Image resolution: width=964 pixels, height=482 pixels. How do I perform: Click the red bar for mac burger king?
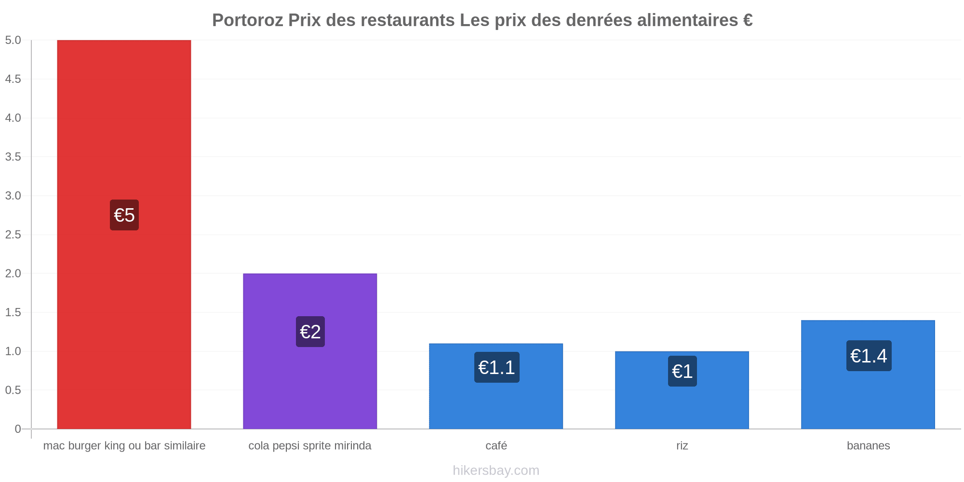click(x=124, y=234)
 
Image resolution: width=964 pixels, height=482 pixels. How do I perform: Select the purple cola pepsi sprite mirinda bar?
click(x=310, y=351)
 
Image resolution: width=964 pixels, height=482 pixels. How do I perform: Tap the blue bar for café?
click(x=496, y=386)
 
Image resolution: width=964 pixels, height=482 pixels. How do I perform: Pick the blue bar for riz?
click(x=682, y=390)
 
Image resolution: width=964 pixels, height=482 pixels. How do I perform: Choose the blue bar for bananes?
click(x=868, y=375)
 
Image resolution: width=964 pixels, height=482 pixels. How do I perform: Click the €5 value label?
click(x=124, y=215)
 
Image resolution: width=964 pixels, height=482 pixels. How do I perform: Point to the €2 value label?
click(x=310, y=332)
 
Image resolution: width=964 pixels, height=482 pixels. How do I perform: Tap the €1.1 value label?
click(x=497, y=367)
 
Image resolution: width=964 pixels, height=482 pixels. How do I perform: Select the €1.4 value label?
click(x=869, y=356)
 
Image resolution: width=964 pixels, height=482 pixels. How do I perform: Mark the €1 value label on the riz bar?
click(x=683, y=371)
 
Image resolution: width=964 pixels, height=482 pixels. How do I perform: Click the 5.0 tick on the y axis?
click(x=13, y=40)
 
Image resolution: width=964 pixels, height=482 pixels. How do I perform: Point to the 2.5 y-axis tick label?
click(x=13, y=235)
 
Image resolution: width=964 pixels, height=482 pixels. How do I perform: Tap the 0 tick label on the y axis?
click(x=18, y=429)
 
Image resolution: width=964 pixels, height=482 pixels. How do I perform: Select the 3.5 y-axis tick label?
click(x=13, y=157)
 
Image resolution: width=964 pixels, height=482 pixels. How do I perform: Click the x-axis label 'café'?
click(x=496, y=445)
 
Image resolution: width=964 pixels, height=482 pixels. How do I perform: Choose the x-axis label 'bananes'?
click(x=869, y=445)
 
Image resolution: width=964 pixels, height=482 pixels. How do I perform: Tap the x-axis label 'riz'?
click(x=682, y=445)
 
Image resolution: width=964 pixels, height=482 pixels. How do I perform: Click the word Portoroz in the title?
click(x=248, y=20)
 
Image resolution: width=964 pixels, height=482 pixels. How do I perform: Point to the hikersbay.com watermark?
click(x=496, y=470)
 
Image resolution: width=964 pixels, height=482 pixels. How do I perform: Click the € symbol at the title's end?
click(x=748, y=20)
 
